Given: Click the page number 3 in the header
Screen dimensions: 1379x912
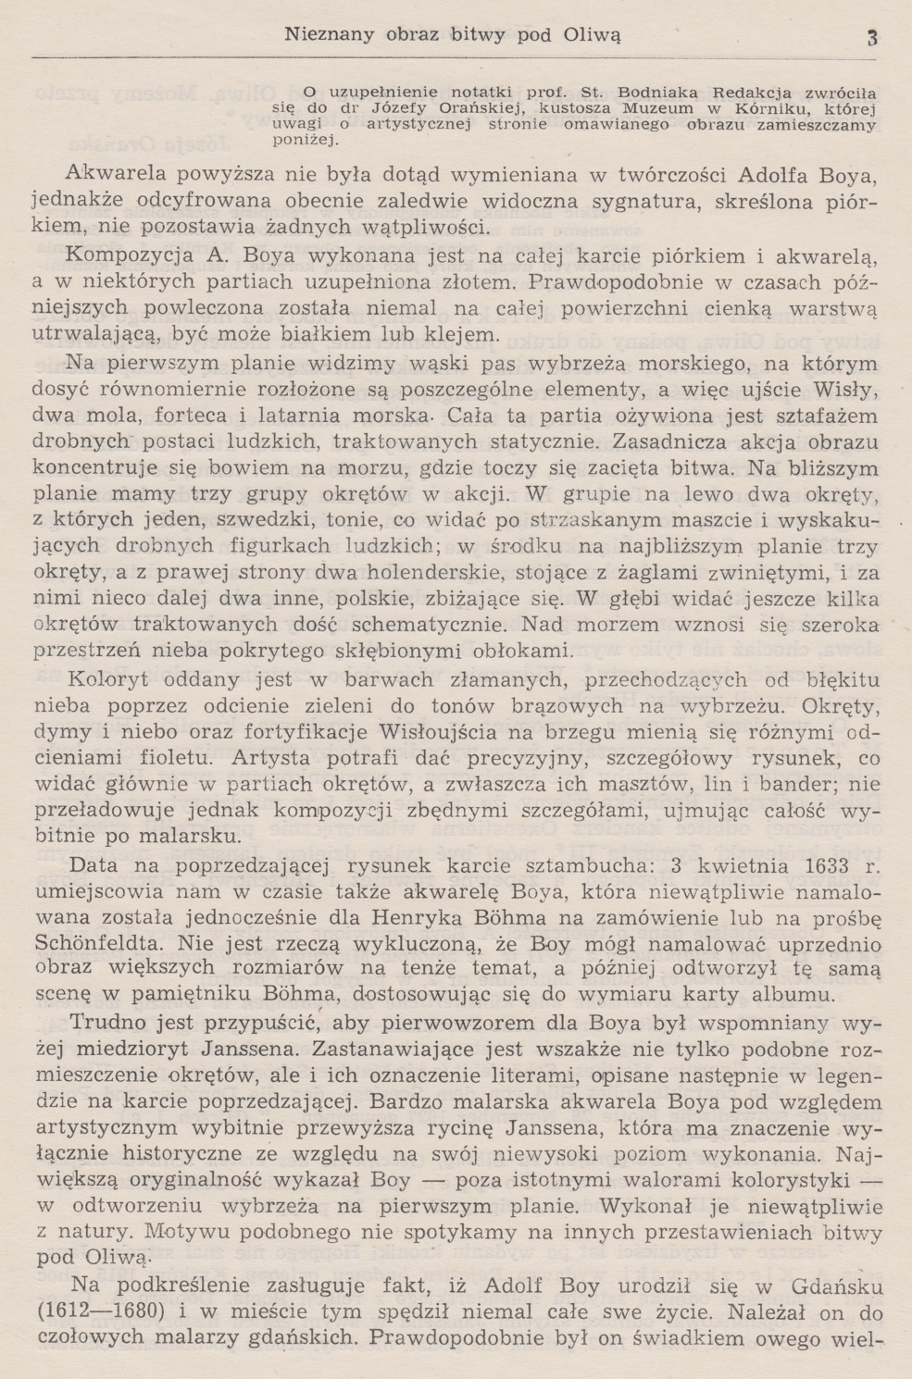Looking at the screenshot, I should click(x=871, y=38).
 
